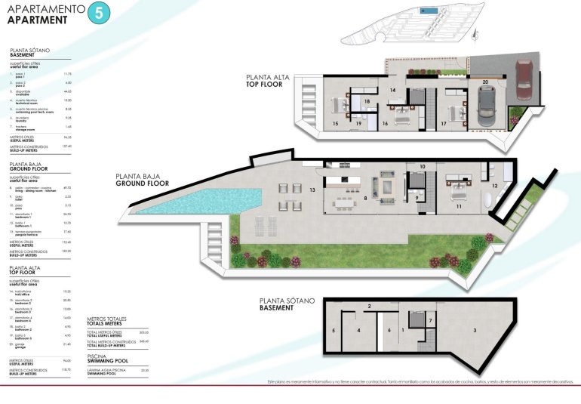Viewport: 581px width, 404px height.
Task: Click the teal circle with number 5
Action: (x=97, y=13)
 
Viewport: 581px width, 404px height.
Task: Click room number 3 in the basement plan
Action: (x=475, y=330)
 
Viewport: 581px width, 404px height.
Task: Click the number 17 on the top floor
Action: (x=443, y=122)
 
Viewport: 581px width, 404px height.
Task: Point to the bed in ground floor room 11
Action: (x=458, y=183)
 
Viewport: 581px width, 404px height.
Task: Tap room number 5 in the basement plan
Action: (x=333, y=331)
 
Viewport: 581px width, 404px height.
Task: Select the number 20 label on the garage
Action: (x=485, y=80)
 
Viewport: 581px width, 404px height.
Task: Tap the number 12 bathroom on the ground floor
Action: (x=495, y=185)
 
